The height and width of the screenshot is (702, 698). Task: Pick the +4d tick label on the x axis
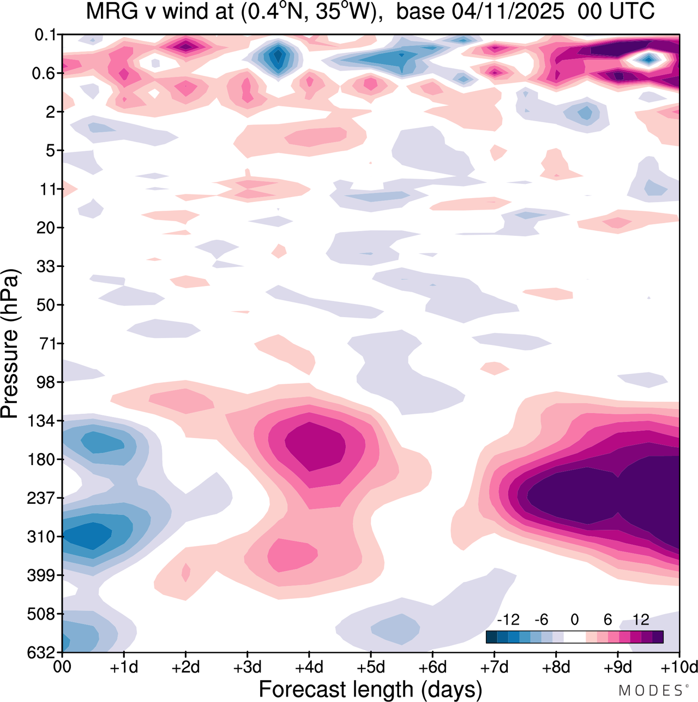pos(309,667)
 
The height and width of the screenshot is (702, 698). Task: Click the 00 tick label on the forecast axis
pos(63,667)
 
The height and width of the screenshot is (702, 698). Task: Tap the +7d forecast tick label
pos(494,667)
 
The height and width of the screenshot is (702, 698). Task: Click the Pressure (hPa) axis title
pos(10,344)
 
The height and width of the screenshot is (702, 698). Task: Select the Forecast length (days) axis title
pos(370,689)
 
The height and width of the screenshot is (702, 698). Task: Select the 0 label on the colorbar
pos(574,620)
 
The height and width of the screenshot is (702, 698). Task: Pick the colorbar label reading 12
pos(641,620)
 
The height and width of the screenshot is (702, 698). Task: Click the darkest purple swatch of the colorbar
pos(658,636)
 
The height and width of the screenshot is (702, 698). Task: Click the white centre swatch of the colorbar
pos(574,636)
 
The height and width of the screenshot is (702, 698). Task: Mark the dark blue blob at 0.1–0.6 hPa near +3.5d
pos(278,56)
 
